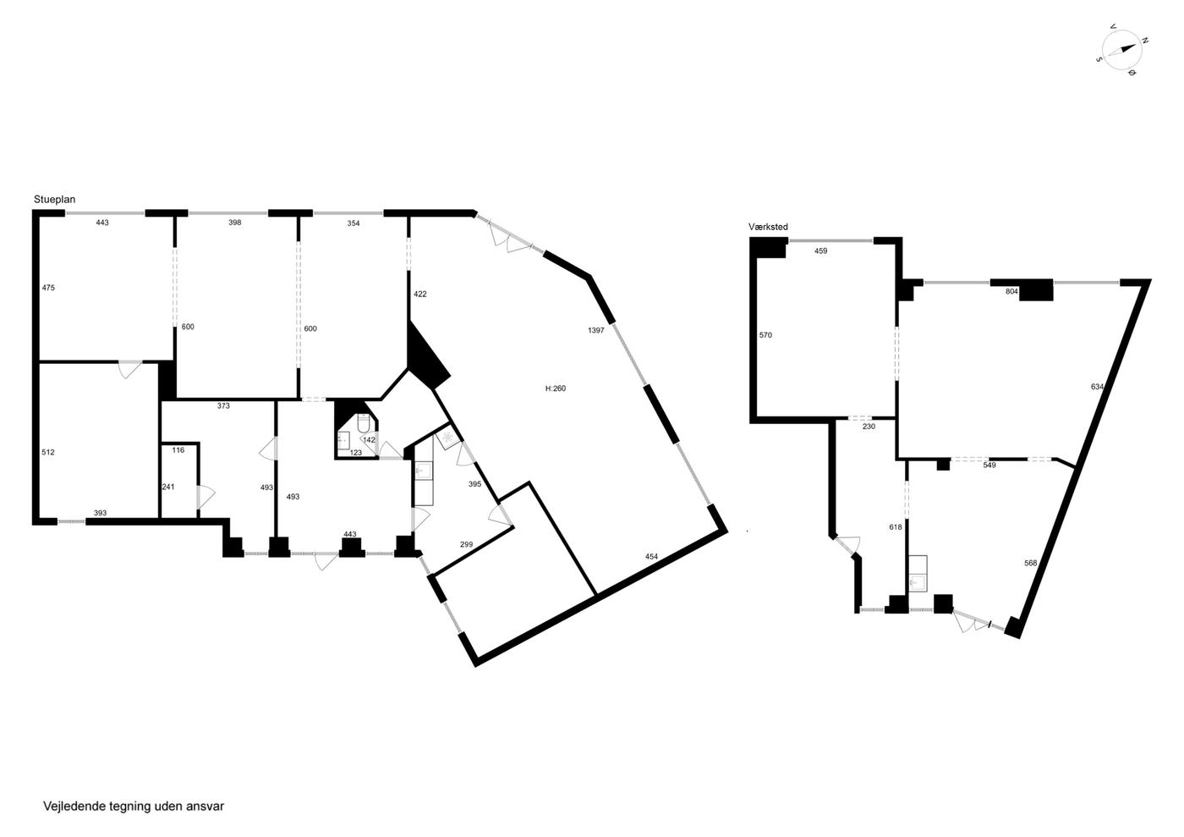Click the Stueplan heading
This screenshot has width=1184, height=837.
tap(54, 200)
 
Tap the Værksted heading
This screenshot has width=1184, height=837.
tap(768, 227)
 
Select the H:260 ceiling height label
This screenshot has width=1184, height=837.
tap(556, 388)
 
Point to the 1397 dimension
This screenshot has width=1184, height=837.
tap(595, 330)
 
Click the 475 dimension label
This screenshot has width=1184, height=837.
tap(48, 288)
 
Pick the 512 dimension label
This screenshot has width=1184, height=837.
tap(48, 453)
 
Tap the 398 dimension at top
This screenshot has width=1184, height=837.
tap(235, 223)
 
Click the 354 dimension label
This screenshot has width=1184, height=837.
tap(354, 223)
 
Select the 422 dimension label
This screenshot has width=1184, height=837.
tap(420, 295)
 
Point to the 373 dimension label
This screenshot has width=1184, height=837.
tap(223, 405)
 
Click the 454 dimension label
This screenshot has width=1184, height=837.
tap(652, 556)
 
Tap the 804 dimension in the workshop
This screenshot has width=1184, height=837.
tap(1011, 291)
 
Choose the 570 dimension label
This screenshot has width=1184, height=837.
tap(765, 335)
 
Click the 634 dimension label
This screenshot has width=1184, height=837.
tap(1097, 387)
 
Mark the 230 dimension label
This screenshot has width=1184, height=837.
tap(869, 427)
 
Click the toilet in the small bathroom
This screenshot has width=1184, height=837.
tap(364, 423)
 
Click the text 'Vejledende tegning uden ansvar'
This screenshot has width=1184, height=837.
tap(134, 807)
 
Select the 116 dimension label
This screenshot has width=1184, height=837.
tap(178, 450)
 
